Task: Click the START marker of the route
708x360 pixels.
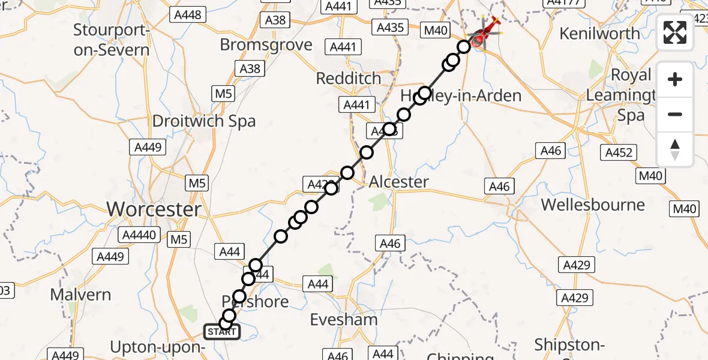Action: (222, 331)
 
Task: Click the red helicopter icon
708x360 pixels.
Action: (487, 33)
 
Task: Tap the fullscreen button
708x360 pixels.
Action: (675, 33)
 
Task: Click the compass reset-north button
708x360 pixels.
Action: (675, 149)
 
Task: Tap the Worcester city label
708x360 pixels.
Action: (154, 209)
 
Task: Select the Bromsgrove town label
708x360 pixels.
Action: (266, 45)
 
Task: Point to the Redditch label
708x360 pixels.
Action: (349, 79)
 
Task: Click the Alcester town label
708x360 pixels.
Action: (399, 182)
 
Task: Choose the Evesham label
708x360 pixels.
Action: (344, 320)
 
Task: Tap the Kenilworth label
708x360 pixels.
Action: (599, 34)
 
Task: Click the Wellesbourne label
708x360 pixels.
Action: (593, 205)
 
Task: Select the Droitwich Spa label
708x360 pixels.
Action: (204, 121)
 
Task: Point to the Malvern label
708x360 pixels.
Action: (80, 295)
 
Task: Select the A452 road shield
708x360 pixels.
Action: (619, 153)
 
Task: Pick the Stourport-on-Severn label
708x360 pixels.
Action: (112, 40)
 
